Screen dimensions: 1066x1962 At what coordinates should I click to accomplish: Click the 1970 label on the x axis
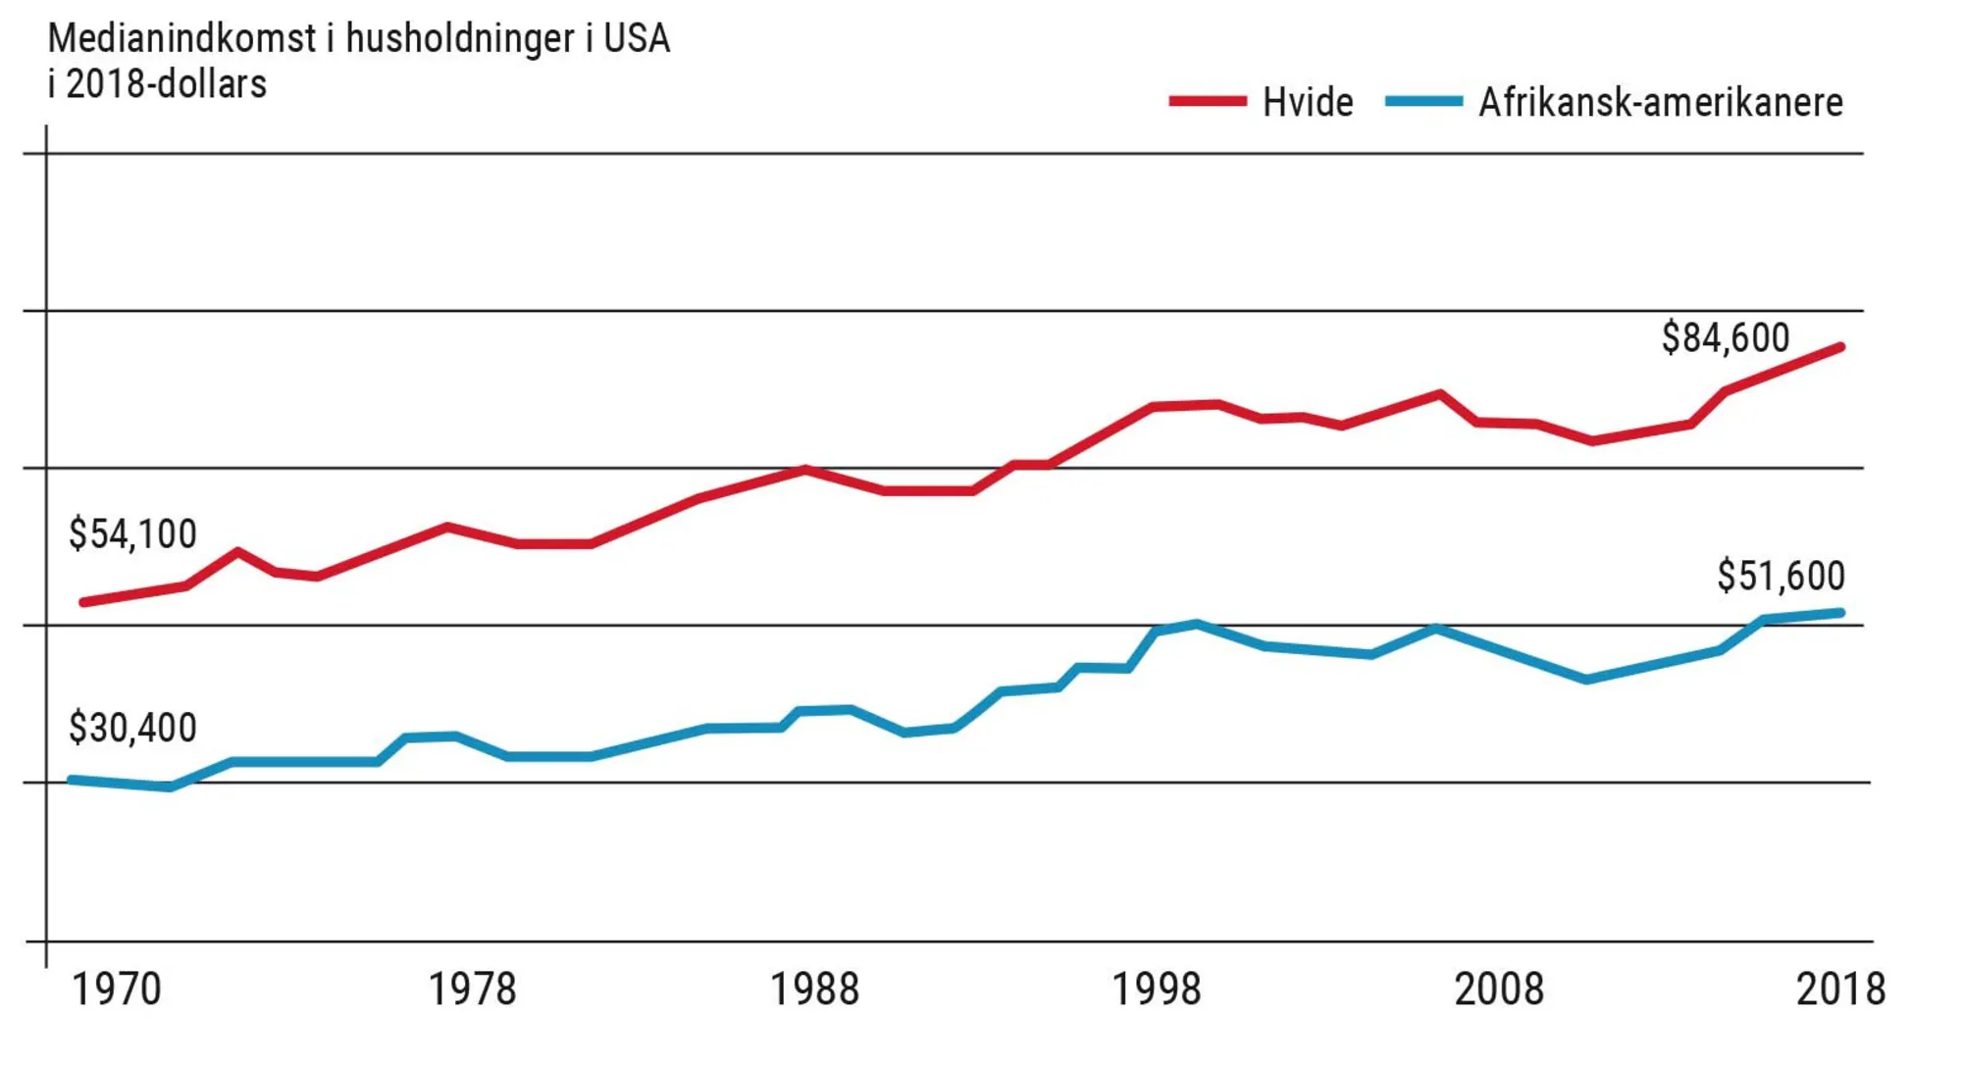pos(117,989)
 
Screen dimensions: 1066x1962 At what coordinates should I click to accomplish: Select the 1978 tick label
pos(472,989)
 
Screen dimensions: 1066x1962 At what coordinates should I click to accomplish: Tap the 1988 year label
pos(814,989)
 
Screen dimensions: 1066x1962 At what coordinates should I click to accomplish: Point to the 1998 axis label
pos(1156,989)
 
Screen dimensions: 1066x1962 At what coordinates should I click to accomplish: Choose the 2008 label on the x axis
pos(1498,989)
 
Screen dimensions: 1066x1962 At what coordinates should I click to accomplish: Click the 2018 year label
pos(1840,989)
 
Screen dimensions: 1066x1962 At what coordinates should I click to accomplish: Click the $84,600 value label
pos(1725,337)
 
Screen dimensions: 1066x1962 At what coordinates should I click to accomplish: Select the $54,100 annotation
pos(132,533)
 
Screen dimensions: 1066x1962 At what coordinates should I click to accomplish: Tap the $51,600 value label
pos(1781,576)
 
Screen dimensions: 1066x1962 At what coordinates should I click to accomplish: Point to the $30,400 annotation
pos(132,728)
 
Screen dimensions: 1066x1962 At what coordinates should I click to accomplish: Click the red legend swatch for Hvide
pos(1208,101)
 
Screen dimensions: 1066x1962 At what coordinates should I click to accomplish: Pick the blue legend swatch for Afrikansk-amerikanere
pos(1423,101)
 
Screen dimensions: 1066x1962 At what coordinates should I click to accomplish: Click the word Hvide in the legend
pos(1308,102)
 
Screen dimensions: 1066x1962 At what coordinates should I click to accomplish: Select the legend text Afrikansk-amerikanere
pos(1660,102)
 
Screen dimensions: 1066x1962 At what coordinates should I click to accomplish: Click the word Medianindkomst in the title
pos(181,39)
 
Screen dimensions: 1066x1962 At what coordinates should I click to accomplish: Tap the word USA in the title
pos(637,39)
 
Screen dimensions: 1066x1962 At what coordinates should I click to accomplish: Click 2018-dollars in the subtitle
pos(167,84)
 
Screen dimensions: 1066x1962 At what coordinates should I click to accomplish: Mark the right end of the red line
pos(1840,347)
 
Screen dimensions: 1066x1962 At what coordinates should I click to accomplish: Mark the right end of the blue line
pos(1840,613)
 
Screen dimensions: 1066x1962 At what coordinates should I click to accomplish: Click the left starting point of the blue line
pos(72,780)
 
